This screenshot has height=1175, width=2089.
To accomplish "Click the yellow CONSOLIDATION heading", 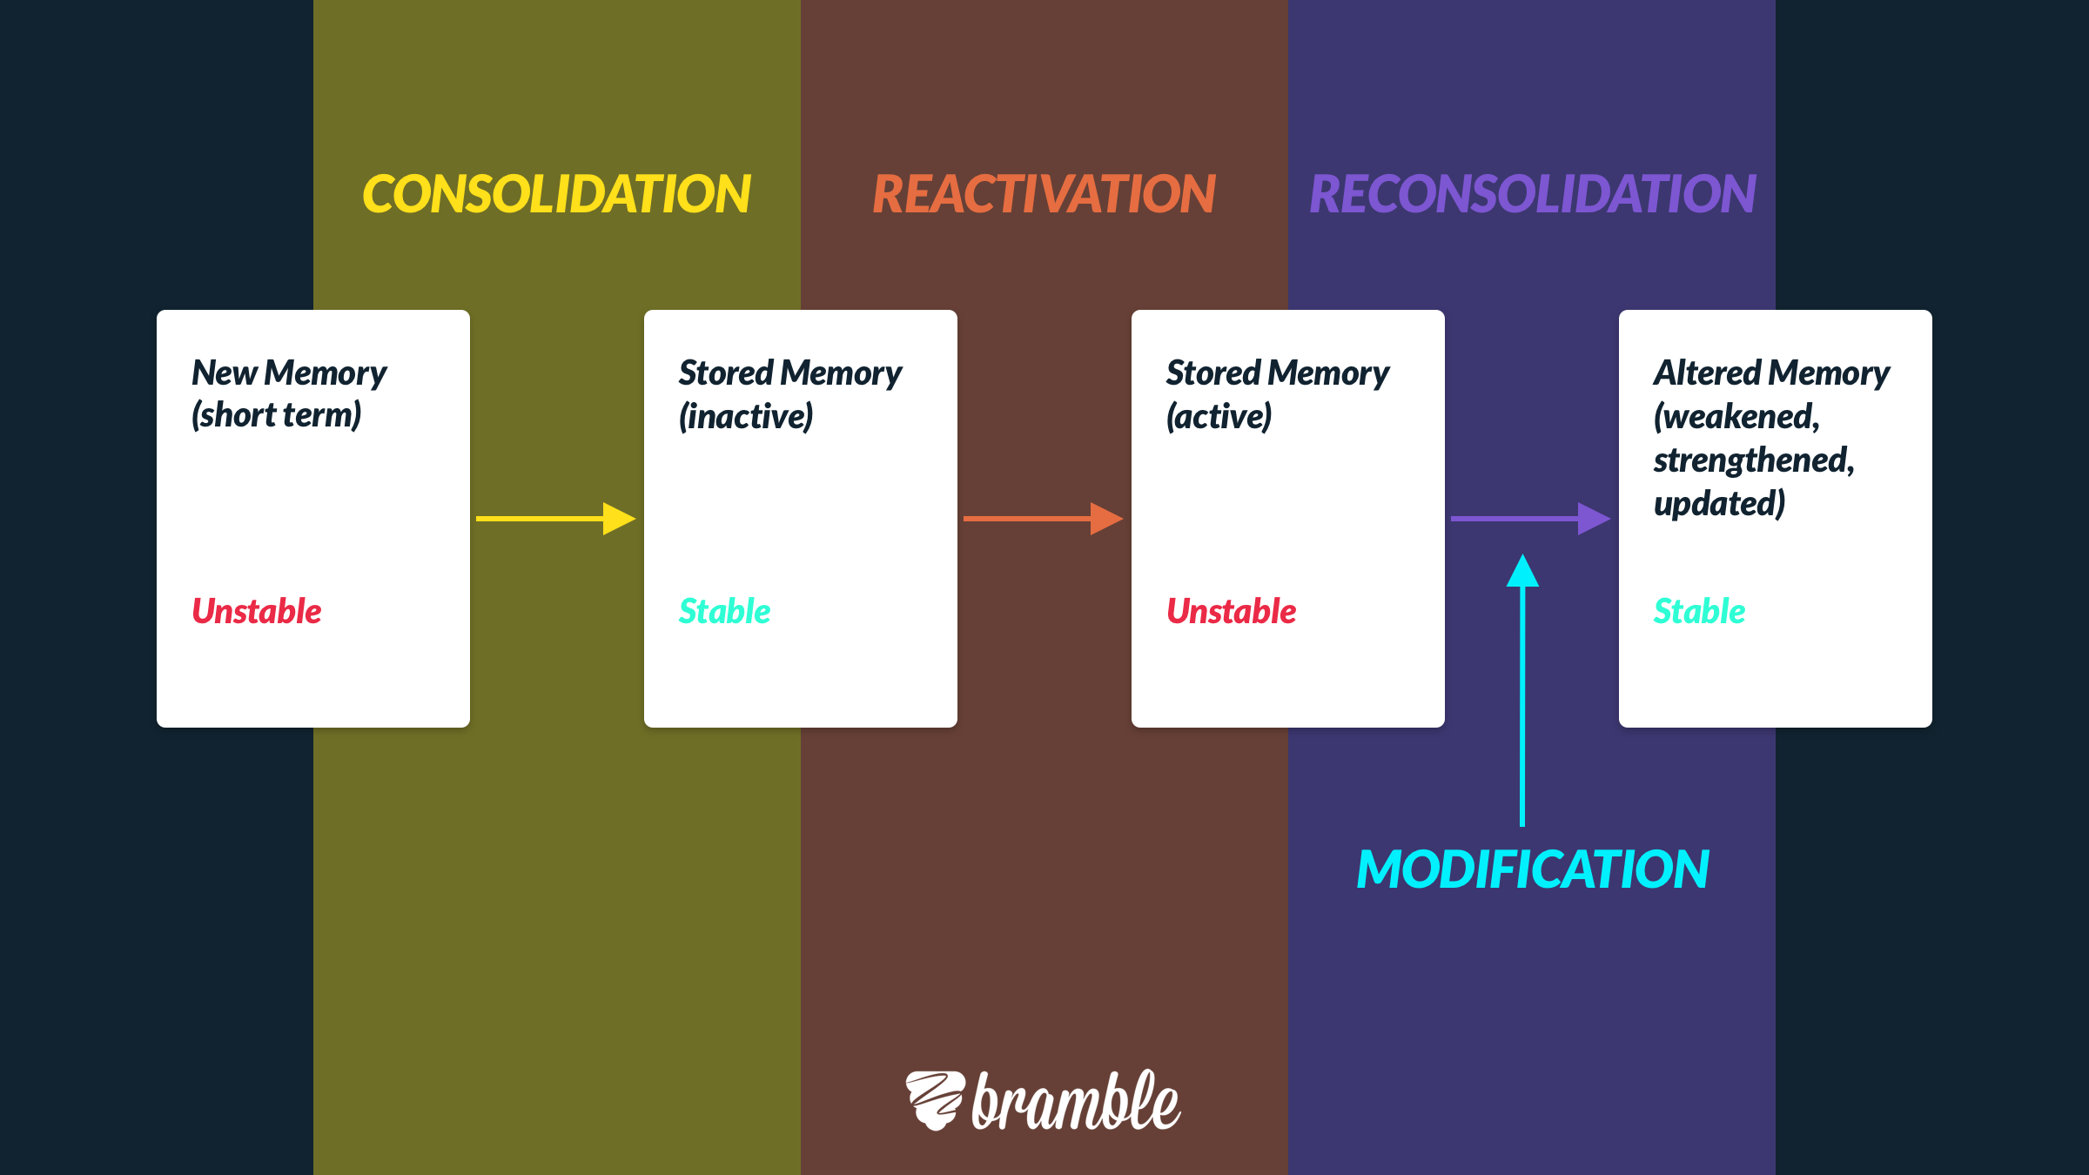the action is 556,193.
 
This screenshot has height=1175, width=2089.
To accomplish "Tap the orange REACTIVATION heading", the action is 1044,193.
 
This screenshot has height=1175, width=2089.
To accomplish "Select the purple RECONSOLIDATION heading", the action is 1533,193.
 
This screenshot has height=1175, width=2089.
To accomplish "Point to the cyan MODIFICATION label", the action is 1533,869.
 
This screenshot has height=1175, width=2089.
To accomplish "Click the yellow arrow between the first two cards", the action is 556,519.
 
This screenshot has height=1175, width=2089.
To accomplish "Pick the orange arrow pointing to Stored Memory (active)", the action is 1044,519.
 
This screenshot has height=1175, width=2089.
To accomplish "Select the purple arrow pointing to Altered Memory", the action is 1531,519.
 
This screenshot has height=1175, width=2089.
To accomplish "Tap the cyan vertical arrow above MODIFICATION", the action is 1522,690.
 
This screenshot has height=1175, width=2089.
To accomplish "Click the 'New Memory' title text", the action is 289,373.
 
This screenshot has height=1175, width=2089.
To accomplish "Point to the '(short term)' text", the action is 277,415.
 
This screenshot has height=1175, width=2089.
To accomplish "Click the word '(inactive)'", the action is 746,416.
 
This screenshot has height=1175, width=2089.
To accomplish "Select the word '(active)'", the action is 1219,416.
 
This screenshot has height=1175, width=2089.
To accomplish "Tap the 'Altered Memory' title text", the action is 1771,373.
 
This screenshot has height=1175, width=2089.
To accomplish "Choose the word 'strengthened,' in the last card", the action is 1754,460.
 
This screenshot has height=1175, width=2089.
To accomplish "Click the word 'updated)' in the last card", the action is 1719,504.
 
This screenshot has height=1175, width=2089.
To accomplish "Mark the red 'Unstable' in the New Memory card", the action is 257,611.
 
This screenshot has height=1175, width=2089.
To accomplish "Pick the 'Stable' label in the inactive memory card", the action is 725,611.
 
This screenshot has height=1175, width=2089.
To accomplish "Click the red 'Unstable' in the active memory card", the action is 1232,611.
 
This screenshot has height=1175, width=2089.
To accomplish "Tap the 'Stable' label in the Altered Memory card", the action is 1700,611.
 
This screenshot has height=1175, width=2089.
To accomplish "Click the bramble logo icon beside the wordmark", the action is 936,1101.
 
